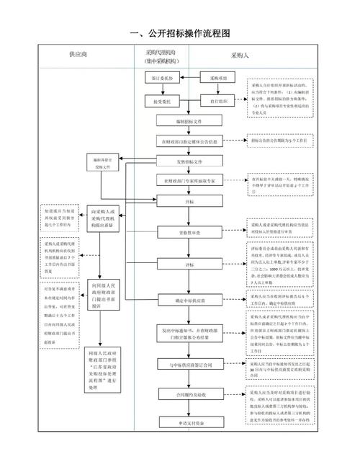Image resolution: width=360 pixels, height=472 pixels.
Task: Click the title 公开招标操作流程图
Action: point(180,34)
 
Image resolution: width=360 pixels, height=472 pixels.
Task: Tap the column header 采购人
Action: point(240,55)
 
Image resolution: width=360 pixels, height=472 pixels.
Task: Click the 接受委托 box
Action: point(159,102)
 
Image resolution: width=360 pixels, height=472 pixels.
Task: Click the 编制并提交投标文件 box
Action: point(103,162)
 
